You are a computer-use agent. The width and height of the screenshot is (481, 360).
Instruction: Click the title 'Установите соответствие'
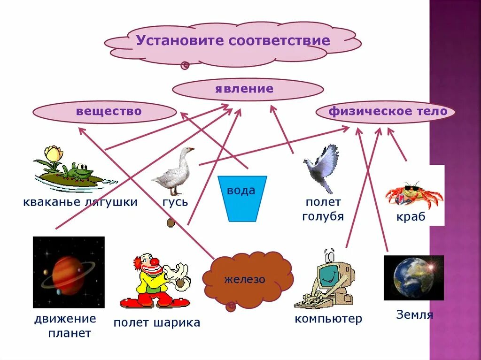click(x=233, y=40)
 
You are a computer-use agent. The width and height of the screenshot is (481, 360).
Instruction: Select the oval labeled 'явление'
click(x=244, y=89)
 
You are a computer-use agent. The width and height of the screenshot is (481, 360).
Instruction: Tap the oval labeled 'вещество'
click(x=109, y=111)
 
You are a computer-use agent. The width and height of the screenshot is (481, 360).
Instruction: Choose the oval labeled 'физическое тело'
click(x=385, y=112)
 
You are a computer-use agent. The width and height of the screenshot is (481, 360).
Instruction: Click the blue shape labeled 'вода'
click(x=242, y=197)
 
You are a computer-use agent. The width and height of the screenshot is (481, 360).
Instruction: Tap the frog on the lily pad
click(x=78, y=171)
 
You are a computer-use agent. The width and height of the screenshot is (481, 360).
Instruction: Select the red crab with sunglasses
click(x=413, y=195)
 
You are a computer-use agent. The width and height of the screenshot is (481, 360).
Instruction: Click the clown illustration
click(x=155, y=282)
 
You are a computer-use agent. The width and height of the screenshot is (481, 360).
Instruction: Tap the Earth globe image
click(x=413, y=278)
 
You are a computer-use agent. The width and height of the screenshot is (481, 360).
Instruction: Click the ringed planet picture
click(x=69, y=272)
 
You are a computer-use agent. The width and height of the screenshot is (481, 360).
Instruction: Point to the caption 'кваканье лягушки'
click(x=80, y=202)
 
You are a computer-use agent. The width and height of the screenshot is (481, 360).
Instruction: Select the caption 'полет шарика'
click(x=157, y=322)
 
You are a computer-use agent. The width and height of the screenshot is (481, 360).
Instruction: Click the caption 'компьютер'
click(x=328, y=319)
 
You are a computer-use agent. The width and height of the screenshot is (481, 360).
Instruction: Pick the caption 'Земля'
click(x=414, y=315)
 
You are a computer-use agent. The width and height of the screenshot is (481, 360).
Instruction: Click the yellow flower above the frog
click(x=53, y=154)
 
